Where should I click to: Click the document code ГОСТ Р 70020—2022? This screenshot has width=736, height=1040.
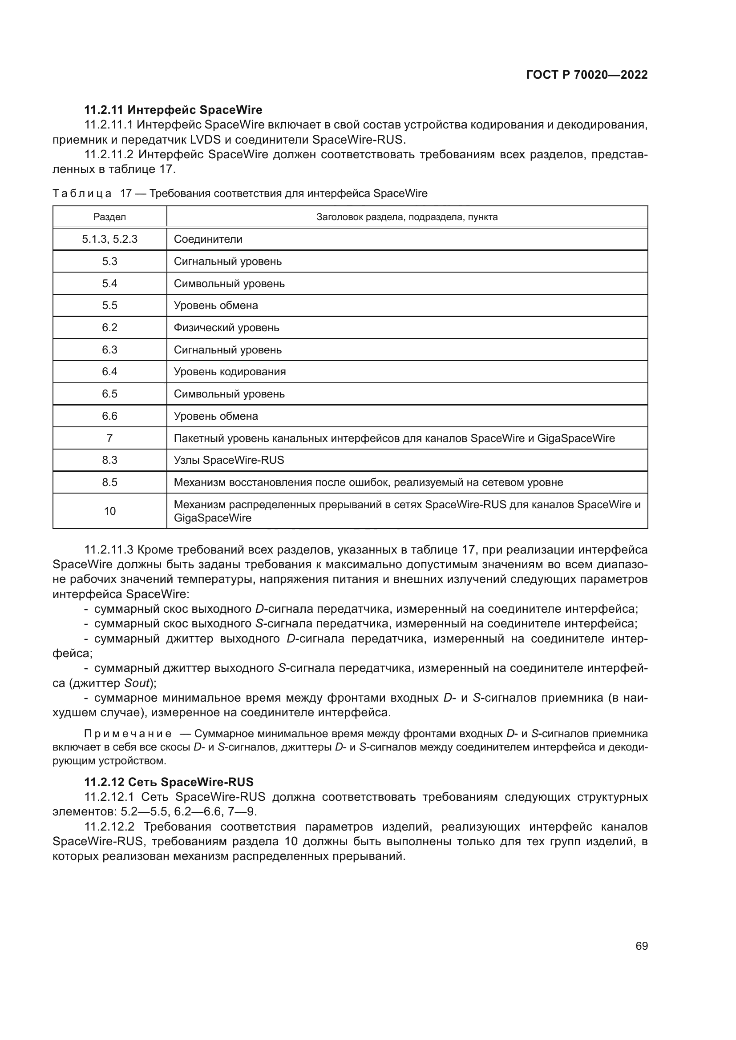click(x=587, y=75)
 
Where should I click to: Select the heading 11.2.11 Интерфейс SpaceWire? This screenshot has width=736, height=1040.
click(x=173, y=110)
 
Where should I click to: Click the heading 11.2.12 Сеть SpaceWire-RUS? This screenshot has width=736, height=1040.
click(x=169, y=782)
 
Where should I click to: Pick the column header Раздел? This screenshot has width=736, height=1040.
click(x=109, y=217)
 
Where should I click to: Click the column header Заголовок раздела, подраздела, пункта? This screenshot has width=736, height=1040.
click(x=407, y=217)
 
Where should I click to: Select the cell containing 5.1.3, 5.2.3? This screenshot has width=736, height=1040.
click(x=109, y=239)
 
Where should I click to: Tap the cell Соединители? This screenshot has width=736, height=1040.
click(x=208, y=239)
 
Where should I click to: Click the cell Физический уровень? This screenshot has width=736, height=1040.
click(x=226, y=328)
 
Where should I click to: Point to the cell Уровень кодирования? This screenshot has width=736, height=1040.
click(x=230, y=372)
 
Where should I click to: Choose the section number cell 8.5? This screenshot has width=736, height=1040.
click(x=109, y=482)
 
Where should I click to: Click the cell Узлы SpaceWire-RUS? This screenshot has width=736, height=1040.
click(x=229, y=460)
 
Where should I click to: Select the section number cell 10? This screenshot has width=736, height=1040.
click(x=109, y=511)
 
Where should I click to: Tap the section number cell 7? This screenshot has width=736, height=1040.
click(x=109, y=438)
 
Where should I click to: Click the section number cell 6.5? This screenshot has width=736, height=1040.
click(x=109, y=394)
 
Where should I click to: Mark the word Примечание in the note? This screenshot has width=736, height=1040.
click(x=128, y=734)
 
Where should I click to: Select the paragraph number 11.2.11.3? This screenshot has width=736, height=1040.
click(x=109, y=550)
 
